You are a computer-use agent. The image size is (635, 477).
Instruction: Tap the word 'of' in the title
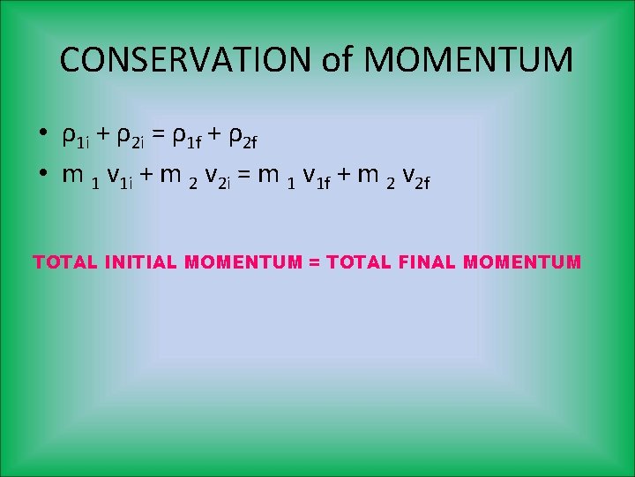tap(335, 59)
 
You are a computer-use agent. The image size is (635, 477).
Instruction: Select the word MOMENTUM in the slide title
tap(467, 59)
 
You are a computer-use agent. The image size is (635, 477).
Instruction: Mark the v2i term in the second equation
tap(216, 177)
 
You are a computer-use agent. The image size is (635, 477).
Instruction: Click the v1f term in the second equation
tap(315, 177)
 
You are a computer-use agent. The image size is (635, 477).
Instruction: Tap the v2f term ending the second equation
tap(412, 177)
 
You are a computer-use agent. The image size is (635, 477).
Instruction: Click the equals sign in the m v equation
tap(245, 175)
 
